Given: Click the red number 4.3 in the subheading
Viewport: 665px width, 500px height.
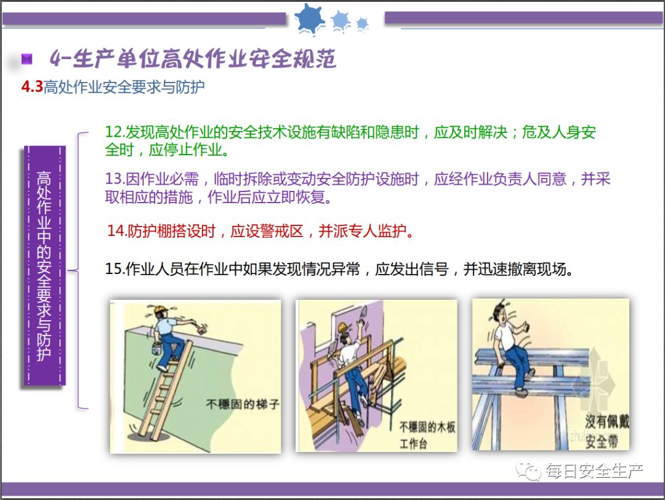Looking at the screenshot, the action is [32, 87].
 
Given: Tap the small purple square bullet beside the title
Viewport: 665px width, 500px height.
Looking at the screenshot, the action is [26, 58].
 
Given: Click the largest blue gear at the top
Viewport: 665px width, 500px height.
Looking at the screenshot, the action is [310, 18].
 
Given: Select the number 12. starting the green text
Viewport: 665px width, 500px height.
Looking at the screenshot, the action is [115, 132].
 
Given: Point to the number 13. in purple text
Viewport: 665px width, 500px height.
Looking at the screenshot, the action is [115, 179].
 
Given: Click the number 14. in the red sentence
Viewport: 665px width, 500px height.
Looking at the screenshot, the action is [117, 231].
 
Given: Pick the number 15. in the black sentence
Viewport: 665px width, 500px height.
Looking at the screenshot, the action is [115, 269].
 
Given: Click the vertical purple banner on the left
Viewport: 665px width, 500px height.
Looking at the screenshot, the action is [44, 266].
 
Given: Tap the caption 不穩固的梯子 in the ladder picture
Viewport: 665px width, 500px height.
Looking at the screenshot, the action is [243, 404].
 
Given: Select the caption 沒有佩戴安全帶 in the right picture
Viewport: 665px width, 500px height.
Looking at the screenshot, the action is [607, 432].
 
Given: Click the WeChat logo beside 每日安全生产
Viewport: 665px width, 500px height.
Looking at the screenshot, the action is [528, 470].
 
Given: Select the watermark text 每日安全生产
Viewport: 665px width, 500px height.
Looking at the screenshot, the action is [594, 470].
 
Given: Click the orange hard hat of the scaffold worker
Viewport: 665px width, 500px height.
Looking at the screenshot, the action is [343, 327].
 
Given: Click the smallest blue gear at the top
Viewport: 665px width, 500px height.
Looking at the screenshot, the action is [362, 24].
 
